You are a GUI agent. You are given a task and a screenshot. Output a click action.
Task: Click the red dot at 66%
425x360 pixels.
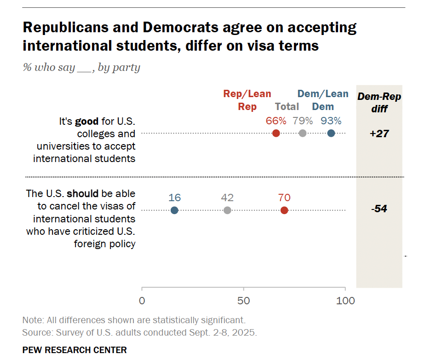click(276, 134)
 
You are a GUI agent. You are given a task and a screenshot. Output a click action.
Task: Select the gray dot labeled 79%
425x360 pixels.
click(302, 134)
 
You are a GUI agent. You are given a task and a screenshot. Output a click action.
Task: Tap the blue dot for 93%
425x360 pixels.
click(331, 134)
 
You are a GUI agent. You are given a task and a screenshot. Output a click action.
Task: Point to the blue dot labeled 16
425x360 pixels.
click(174, 210)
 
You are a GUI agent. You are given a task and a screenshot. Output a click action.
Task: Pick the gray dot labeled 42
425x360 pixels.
click(227, 210)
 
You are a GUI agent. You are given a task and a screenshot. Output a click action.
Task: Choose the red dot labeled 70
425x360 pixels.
click(284, 210)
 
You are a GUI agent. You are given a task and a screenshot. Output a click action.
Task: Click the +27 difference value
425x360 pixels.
click(379, 134)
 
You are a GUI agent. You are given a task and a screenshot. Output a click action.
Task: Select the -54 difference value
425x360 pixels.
click(379, 209)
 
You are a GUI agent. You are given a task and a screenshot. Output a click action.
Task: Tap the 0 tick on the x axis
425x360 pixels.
click(142, 301)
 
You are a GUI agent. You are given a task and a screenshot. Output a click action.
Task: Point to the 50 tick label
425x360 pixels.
click(244, 301)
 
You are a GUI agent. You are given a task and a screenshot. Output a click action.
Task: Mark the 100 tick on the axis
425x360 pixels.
click(345, 301)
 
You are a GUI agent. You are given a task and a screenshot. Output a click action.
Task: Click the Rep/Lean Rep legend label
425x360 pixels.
click(247, 100)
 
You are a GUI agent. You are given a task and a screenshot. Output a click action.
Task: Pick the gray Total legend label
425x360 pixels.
click(287, 107)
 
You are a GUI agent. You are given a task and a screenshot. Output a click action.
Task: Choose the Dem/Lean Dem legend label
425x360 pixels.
click(323, 100)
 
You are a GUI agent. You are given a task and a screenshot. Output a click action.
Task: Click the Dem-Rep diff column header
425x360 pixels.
click(379, 103)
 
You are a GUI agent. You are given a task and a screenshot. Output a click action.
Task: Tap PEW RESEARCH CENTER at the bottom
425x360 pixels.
click(75, 350)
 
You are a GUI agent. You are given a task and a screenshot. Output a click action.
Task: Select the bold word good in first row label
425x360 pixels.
click(87, 122)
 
